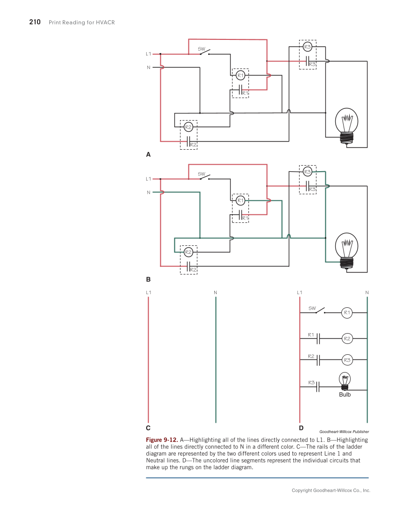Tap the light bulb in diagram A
346,124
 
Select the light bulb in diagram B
346,250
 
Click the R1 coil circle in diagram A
240,75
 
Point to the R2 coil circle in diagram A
188,127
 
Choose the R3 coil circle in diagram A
308,46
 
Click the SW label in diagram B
202,174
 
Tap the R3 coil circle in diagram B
308,172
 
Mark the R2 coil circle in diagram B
188,252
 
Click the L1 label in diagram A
149,54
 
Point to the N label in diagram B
149,192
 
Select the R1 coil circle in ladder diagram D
347,312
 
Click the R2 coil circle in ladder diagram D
347,338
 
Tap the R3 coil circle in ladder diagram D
347,360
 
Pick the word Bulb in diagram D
345,395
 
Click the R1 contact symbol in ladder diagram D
318,338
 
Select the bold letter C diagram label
148,428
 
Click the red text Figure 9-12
162,440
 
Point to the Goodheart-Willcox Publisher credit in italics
344,432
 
